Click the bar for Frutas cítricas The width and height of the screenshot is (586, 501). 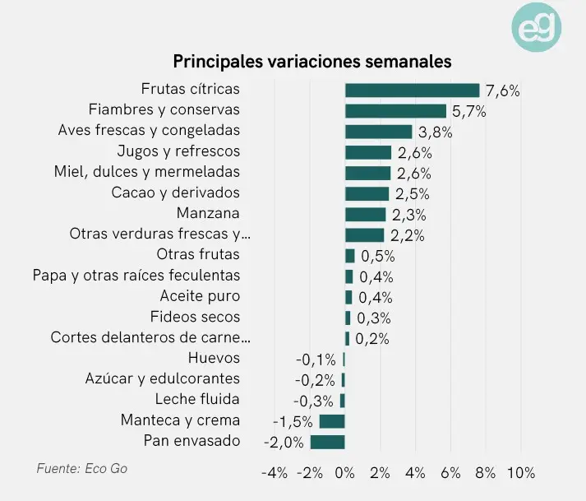point(412,90)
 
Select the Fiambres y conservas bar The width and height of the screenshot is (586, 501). point(395,110)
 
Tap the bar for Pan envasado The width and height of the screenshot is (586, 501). point(327,442)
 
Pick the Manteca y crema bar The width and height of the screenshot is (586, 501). point(332,421)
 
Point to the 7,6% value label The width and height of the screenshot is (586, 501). point(503,90)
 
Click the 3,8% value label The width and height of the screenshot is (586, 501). point(436,132)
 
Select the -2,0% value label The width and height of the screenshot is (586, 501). point(284,442)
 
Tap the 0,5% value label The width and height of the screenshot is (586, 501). point(378,256)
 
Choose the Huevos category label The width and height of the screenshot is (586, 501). point(214,358)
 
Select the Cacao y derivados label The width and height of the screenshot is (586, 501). point(175,193)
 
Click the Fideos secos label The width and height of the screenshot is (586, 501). point(195,317)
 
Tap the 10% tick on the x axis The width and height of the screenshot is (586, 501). point(521,473)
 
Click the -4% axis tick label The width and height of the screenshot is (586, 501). point(274,473)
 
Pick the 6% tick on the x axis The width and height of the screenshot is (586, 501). point(450,473)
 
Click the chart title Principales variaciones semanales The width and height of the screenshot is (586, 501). point(311,62)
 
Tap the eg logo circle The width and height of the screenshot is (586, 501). point(538,29)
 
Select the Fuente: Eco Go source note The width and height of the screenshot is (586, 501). point(82,469)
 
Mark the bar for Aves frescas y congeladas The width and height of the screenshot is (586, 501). point(378,132)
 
